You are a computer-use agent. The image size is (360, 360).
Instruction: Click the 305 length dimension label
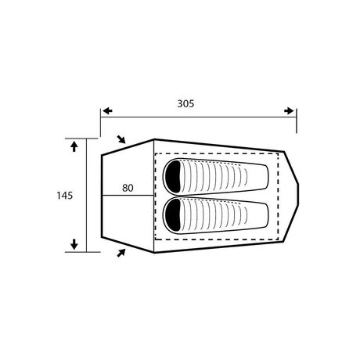tap(186, 103)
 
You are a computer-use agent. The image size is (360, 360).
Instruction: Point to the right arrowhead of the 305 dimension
tap(292, 112)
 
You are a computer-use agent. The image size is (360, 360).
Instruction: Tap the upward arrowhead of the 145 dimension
tap(74, 146)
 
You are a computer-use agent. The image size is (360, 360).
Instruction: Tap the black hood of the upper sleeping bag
tap(174, 178)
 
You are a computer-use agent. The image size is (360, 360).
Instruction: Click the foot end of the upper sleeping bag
tap(265, 178)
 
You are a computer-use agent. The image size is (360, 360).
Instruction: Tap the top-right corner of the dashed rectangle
tap(279, 154)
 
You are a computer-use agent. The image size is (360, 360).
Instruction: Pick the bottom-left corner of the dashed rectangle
tap(157, 238)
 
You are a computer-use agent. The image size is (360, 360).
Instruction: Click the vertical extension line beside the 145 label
tap(87, 196)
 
